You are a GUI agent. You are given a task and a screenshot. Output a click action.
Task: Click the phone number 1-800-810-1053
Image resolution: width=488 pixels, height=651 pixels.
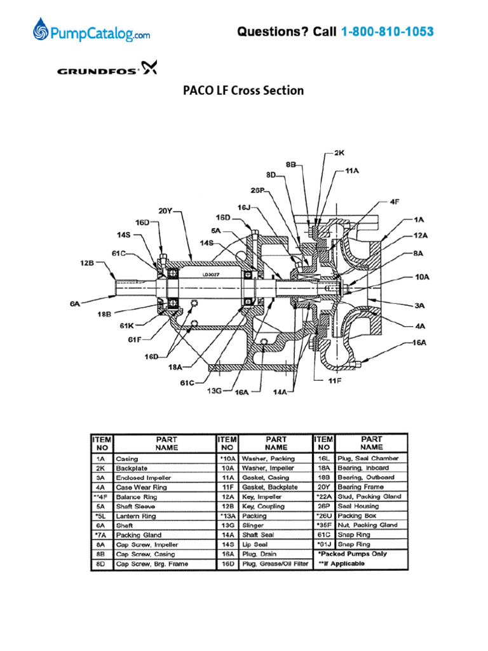(x=388, y=31)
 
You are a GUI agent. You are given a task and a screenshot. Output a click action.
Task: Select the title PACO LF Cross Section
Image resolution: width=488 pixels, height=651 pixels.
(x=243, y=90)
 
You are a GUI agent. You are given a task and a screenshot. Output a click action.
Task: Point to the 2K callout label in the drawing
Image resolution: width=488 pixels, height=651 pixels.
(x=339, y=153)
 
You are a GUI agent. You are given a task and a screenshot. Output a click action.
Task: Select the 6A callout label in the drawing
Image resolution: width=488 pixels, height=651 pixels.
(x=75, y=305)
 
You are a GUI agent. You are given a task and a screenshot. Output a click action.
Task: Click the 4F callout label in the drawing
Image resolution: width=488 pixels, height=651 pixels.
(x=395, y=202)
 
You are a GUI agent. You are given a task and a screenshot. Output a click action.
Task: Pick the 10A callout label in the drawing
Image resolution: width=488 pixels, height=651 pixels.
(x=422, y=277)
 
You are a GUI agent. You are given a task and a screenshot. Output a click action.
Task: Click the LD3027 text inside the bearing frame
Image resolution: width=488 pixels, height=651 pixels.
(x=212, y=275)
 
